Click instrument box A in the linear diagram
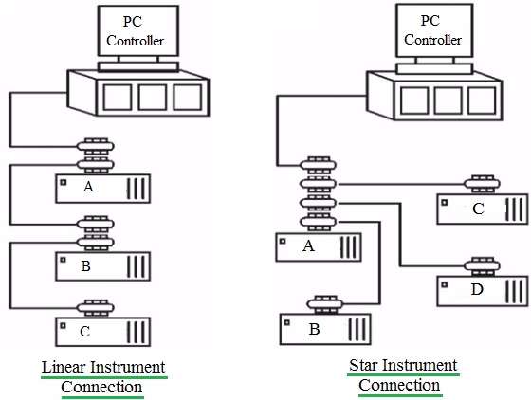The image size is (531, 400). (103, 189)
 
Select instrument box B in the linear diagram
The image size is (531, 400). (103, 266)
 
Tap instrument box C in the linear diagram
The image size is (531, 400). (103, 332)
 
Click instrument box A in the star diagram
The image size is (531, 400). (319, 247)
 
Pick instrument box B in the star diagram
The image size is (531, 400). (325, 329)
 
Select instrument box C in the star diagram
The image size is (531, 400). (483, 209)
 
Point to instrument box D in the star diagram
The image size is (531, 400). (483, 291)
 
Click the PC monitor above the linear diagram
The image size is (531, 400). (138, 30)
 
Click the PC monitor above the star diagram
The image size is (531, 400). (434, 30)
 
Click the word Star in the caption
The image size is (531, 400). (364, 366)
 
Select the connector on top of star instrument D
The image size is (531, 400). (483, 266)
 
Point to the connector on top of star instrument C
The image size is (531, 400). (483, 184)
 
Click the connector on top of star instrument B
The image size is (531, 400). (324, 304)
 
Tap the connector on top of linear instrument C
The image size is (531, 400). (96, 308)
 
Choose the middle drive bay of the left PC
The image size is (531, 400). (153, 97)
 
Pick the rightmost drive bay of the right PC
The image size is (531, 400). (482, 100)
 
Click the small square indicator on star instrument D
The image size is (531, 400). (445, 285)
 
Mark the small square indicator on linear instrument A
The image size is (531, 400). (63, 182)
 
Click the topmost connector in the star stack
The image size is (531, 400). (318, 165)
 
